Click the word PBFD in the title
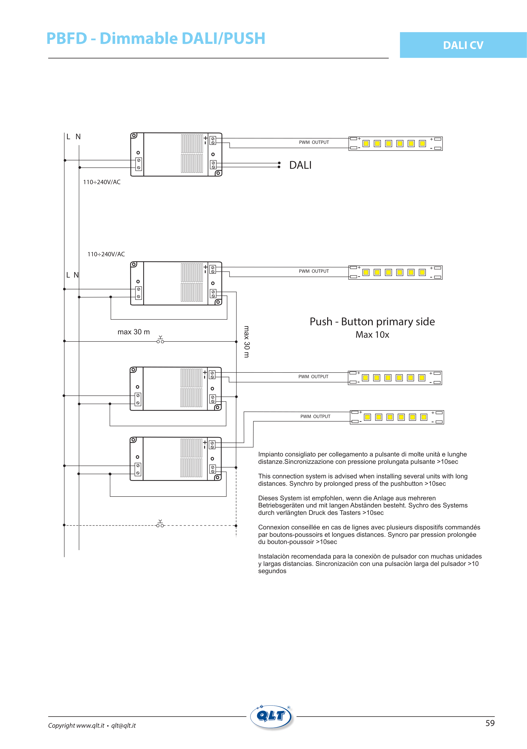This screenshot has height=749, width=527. pos(67,38)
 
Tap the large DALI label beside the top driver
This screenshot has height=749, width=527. pos(300,165)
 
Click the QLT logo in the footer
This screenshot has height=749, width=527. pos(271,716)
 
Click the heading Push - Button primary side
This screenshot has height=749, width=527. pos(372,322)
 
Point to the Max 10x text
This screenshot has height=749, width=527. pos(372,335)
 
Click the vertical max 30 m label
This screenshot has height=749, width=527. pos(247,341)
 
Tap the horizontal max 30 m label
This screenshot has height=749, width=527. pos(133,332)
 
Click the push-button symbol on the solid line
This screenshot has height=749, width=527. pos(160,340)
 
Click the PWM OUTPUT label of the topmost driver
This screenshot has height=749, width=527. pos(314,142)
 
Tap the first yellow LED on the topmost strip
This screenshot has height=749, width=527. pos(366,144)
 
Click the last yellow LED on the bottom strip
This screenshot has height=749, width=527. pos(424,417)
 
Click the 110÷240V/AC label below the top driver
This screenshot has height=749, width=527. pos(102,182)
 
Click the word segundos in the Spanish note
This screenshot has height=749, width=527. pos(272,571)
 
